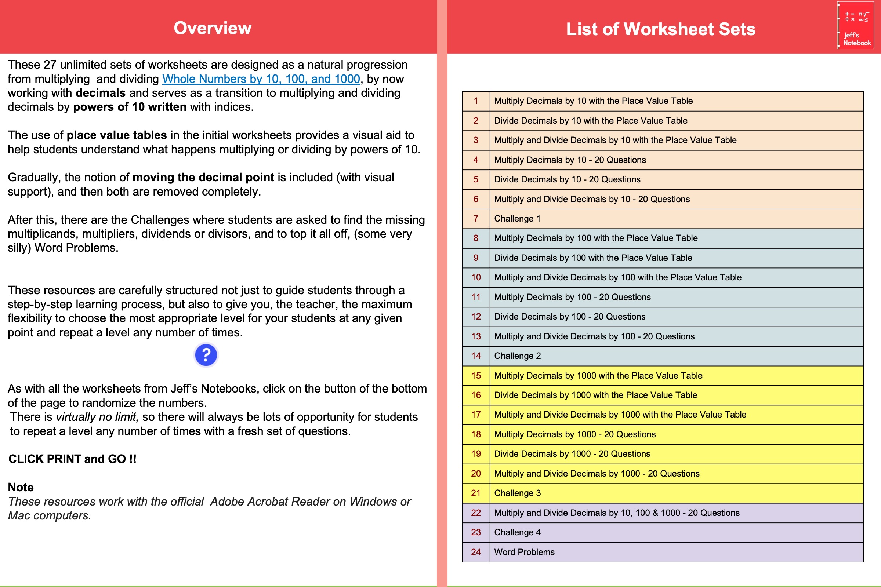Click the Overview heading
coord(213,28)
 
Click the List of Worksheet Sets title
coord(660,29)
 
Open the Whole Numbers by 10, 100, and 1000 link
coord(261,79)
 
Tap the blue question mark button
coord(206,354)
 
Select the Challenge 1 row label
coord(517,219)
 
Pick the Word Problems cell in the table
coord(524,552)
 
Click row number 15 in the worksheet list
coord(476,375)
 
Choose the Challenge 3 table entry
coord(517,493)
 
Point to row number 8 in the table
coord(476,238)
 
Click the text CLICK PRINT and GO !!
coord(72,459)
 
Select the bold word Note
coord(21,487)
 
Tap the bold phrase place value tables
coord(116,135)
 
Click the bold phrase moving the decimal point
coord(203,178)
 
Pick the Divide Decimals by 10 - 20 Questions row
coord(567,179)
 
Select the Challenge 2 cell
coord(517,356)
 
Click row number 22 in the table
coord(476,513)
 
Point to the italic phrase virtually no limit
coord(97,417)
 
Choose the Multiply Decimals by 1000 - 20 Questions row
coord(574,434)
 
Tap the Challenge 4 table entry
coord(517,532)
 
